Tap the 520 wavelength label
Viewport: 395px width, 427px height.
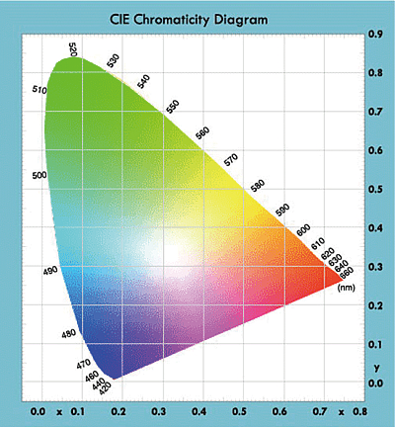point(74,50)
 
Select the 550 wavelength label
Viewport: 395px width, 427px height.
point(172,106)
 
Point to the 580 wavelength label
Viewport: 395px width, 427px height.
point(258,185)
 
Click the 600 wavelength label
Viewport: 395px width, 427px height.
point(304,230)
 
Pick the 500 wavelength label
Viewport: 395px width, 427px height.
point(40,175)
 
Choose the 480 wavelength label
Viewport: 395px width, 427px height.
point(68,334)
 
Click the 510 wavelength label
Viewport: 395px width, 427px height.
point(39,91)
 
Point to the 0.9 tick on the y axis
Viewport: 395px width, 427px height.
point(376,34)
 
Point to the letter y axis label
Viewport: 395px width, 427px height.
point(376,368)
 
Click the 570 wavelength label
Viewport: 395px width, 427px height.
point(232,159)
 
